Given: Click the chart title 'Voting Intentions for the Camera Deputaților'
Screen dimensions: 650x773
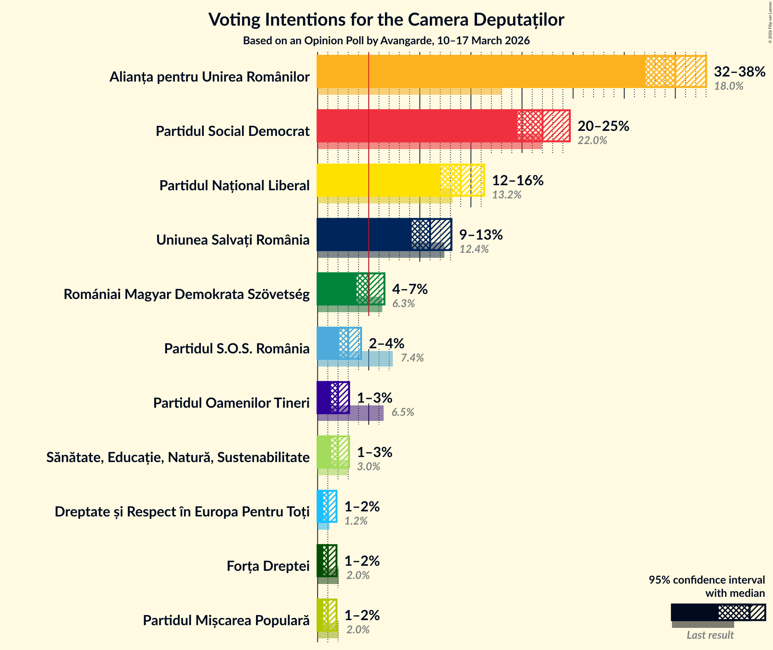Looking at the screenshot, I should tap(386, 19).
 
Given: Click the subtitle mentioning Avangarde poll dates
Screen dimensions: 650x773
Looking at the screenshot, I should tap(386, 41).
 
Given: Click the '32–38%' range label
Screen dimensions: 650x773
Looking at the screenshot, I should tap(739, 72).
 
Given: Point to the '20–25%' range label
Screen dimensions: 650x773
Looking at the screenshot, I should tap(603, 126).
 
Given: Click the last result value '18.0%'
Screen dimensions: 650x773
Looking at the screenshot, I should tap(728, 86).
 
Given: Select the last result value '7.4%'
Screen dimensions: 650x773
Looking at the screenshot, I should tap(412, 358).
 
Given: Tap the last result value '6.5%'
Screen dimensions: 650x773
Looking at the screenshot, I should tap(402, 412).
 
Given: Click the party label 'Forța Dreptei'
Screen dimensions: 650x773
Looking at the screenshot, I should tap(268, 566).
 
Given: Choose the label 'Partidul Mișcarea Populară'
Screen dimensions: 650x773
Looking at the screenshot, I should tap(226, 620).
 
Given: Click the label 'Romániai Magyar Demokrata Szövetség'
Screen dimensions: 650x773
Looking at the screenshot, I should tap(186, 294).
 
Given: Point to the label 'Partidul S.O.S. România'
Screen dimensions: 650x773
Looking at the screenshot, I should tap(237, 349).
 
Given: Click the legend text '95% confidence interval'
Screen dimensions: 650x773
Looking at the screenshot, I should tap(706, 580).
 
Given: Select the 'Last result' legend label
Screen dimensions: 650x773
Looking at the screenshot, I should tap(710, 635).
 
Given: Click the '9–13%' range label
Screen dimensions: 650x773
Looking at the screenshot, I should tap(481, 235).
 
